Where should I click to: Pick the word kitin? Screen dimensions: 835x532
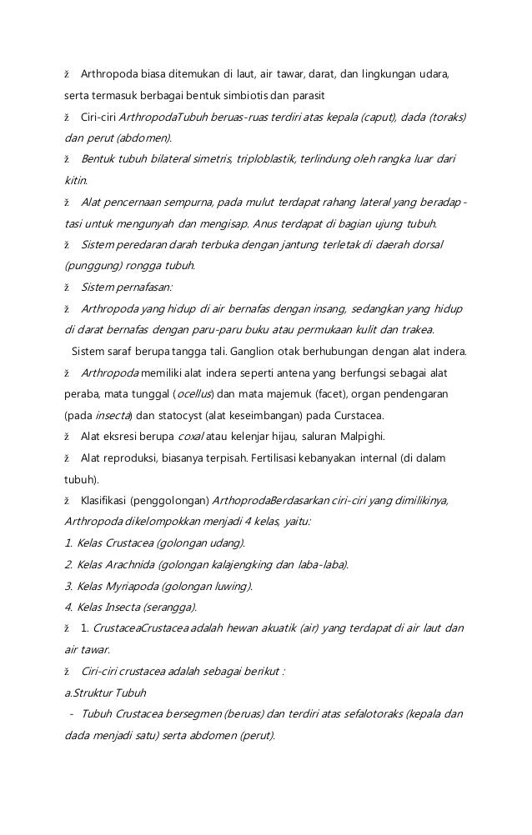tap(76, 180)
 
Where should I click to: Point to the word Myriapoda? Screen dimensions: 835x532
tap(128, 586)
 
